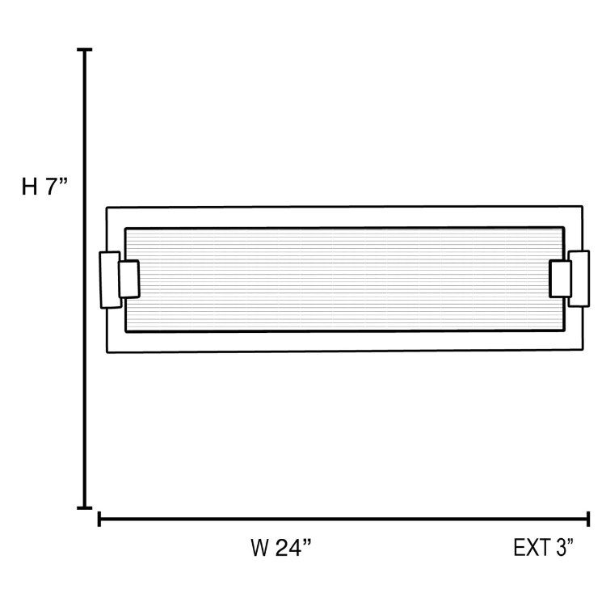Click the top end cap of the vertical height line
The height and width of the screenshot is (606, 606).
coord(84,50)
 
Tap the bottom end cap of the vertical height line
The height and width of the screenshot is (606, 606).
coord(84,507)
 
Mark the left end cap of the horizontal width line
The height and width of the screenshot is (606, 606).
coord(99,519)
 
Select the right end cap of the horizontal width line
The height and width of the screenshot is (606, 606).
coord(587,519)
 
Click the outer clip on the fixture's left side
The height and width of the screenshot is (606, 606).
coord(108,280)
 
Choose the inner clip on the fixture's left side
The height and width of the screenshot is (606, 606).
coord(128,279)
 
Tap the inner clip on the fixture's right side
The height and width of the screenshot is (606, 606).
coord(560,279)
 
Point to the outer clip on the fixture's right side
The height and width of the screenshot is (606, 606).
coord(579,279)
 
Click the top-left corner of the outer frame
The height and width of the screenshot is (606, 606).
coord(107,208)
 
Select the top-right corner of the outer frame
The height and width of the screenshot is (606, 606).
coord(582,207)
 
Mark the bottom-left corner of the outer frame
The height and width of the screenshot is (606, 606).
coord(107,352)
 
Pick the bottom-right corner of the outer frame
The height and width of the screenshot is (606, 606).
coord(582,350)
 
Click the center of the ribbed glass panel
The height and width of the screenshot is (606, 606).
coord(344,280)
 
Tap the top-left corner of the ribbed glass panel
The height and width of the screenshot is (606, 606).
coord(126,229)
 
